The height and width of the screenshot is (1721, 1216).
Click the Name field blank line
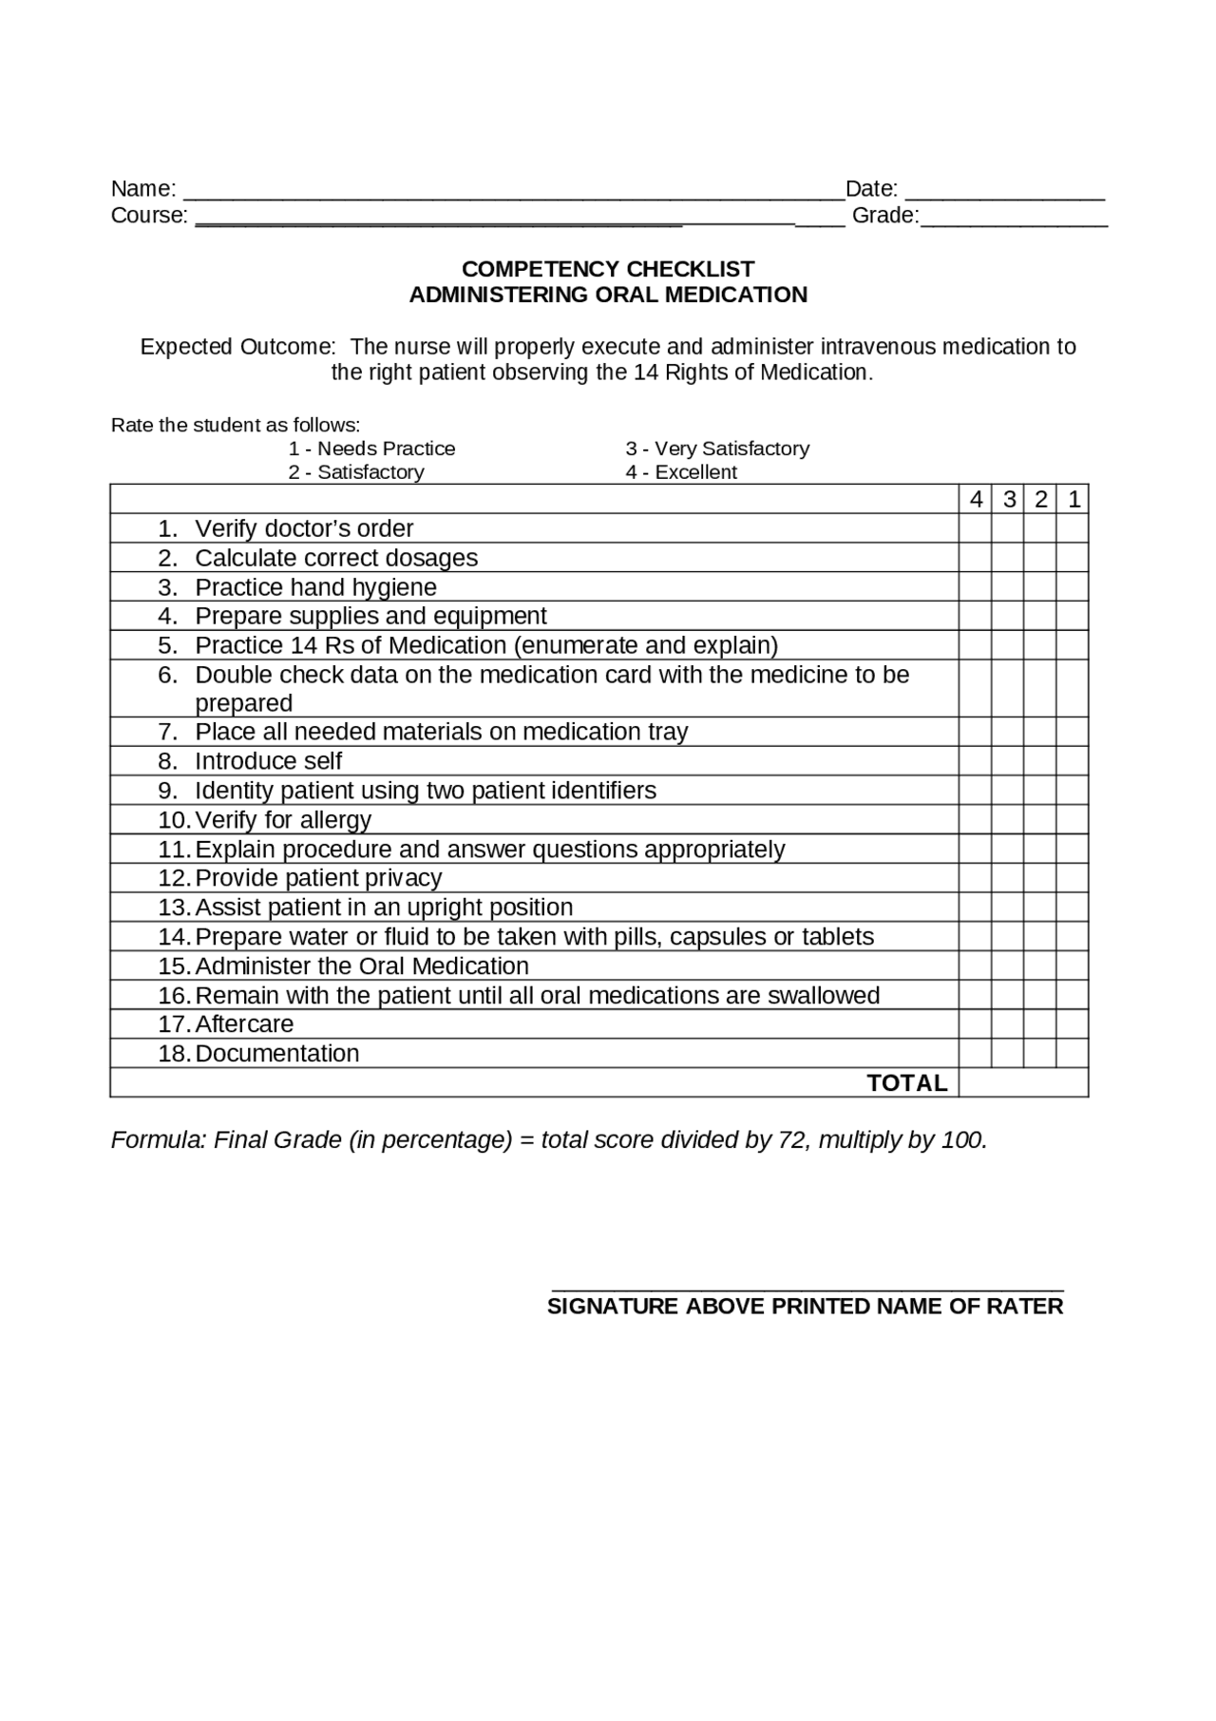tap(513, 194)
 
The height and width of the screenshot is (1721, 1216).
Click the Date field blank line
tap(1004, 194)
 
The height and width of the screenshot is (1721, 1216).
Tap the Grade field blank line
tap(1014, 220)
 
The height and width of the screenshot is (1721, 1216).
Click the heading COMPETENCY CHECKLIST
tap(608, 269)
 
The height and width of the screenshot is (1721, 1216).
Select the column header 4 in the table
tap(976, 500)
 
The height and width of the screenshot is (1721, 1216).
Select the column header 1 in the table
tap(1073, 500)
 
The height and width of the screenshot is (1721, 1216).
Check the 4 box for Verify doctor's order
tap(976, 528)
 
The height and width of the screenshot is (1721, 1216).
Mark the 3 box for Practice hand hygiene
tap(1008, 587)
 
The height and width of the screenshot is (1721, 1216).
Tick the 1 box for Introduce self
tap(1073, 761)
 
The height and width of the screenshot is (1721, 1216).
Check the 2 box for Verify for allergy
tap(1040, 820)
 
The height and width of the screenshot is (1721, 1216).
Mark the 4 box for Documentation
tap(976, 1054)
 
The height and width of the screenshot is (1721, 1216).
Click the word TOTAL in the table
tap(907, 1083)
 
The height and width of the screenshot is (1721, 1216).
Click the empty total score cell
tap(1023, 1083)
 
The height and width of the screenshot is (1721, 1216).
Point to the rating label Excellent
tap(695, 472)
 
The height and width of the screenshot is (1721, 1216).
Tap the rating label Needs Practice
tap(386, 449)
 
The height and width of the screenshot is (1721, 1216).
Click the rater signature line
tap(807, 1286)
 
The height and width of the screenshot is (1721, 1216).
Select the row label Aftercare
tap(244, 1024)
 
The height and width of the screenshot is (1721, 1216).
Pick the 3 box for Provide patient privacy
tap(1008, 878)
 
